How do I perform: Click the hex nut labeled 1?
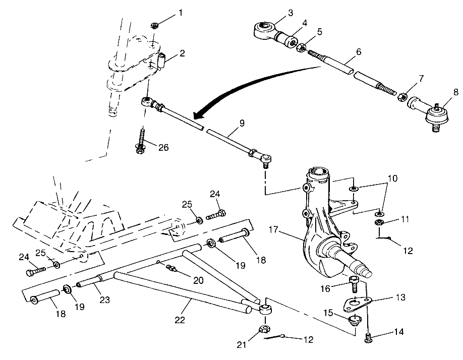[x=155, y=25]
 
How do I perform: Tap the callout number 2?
[x=181, y=53]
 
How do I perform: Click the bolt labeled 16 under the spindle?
[x=354, y=283]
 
